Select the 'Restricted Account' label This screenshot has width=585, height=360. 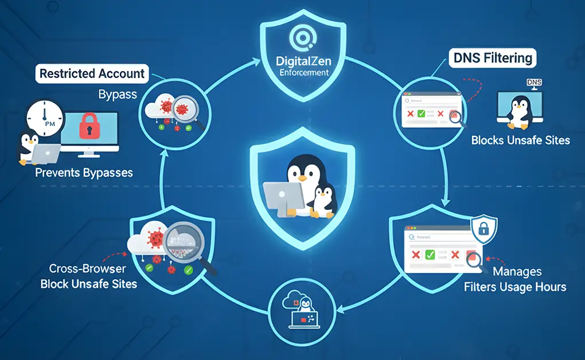pos(92,73)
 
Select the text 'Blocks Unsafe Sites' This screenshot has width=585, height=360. pos(520,140)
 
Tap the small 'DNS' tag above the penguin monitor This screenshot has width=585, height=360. pos(533,83)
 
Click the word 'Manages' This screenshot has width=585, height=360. pos(517,271)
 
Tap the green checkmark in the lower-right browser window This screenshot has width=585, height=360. pos(430,255)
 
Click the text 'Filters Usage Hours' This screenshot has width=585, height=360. pos(515,287)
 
